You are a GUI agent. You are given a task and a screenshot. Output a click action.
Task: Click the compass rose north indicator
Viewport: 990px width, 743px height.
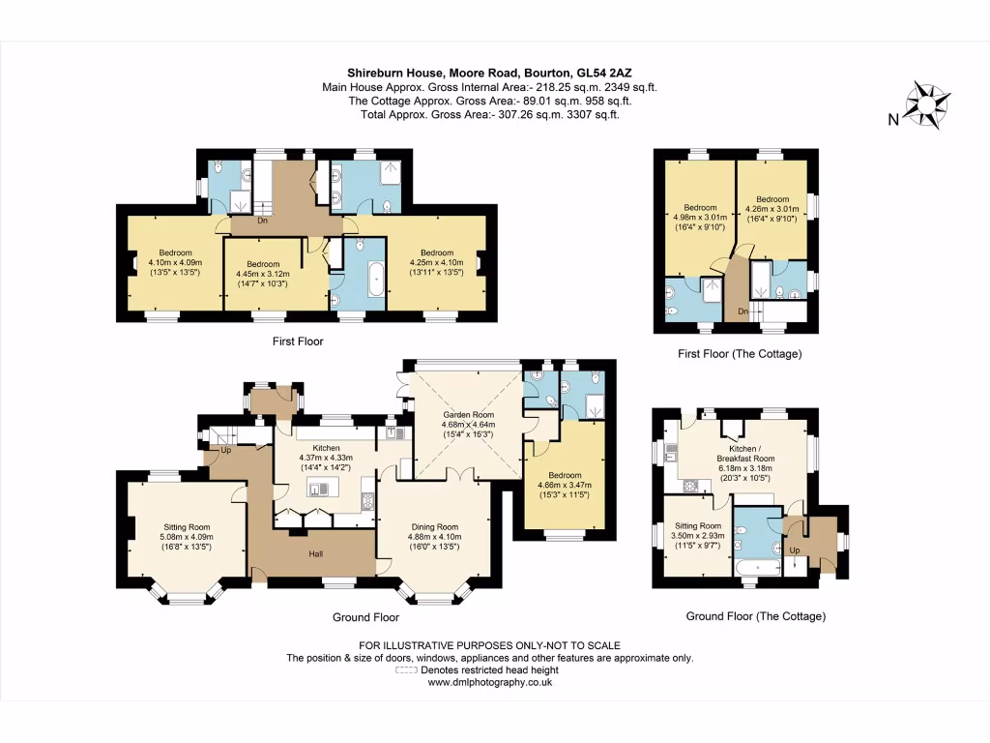click(926, 103)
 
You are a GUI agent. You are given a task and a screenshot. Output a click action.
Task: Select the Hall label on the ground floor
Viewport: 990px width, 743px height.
click(315, 553)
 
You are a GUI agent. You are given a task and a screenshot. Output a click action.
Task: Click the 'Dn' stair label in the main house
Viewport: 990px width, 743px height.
click(262, 221)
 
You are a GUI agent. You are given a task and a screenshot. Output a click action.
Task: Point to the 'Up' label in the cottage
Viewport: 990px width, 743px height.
click(795, 550)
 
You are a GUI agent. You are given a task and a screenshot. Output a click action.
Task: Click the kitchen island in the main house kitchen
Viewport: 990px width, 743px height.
click(318, 490)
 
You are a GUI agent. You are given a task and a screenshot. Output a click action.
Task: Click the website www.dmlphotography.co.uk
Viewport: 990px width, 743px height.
click(489, 682)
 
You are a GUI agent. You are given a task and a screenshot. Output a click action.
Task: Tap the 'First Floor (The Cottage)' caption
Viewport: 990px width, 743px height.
click(740, 354)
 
